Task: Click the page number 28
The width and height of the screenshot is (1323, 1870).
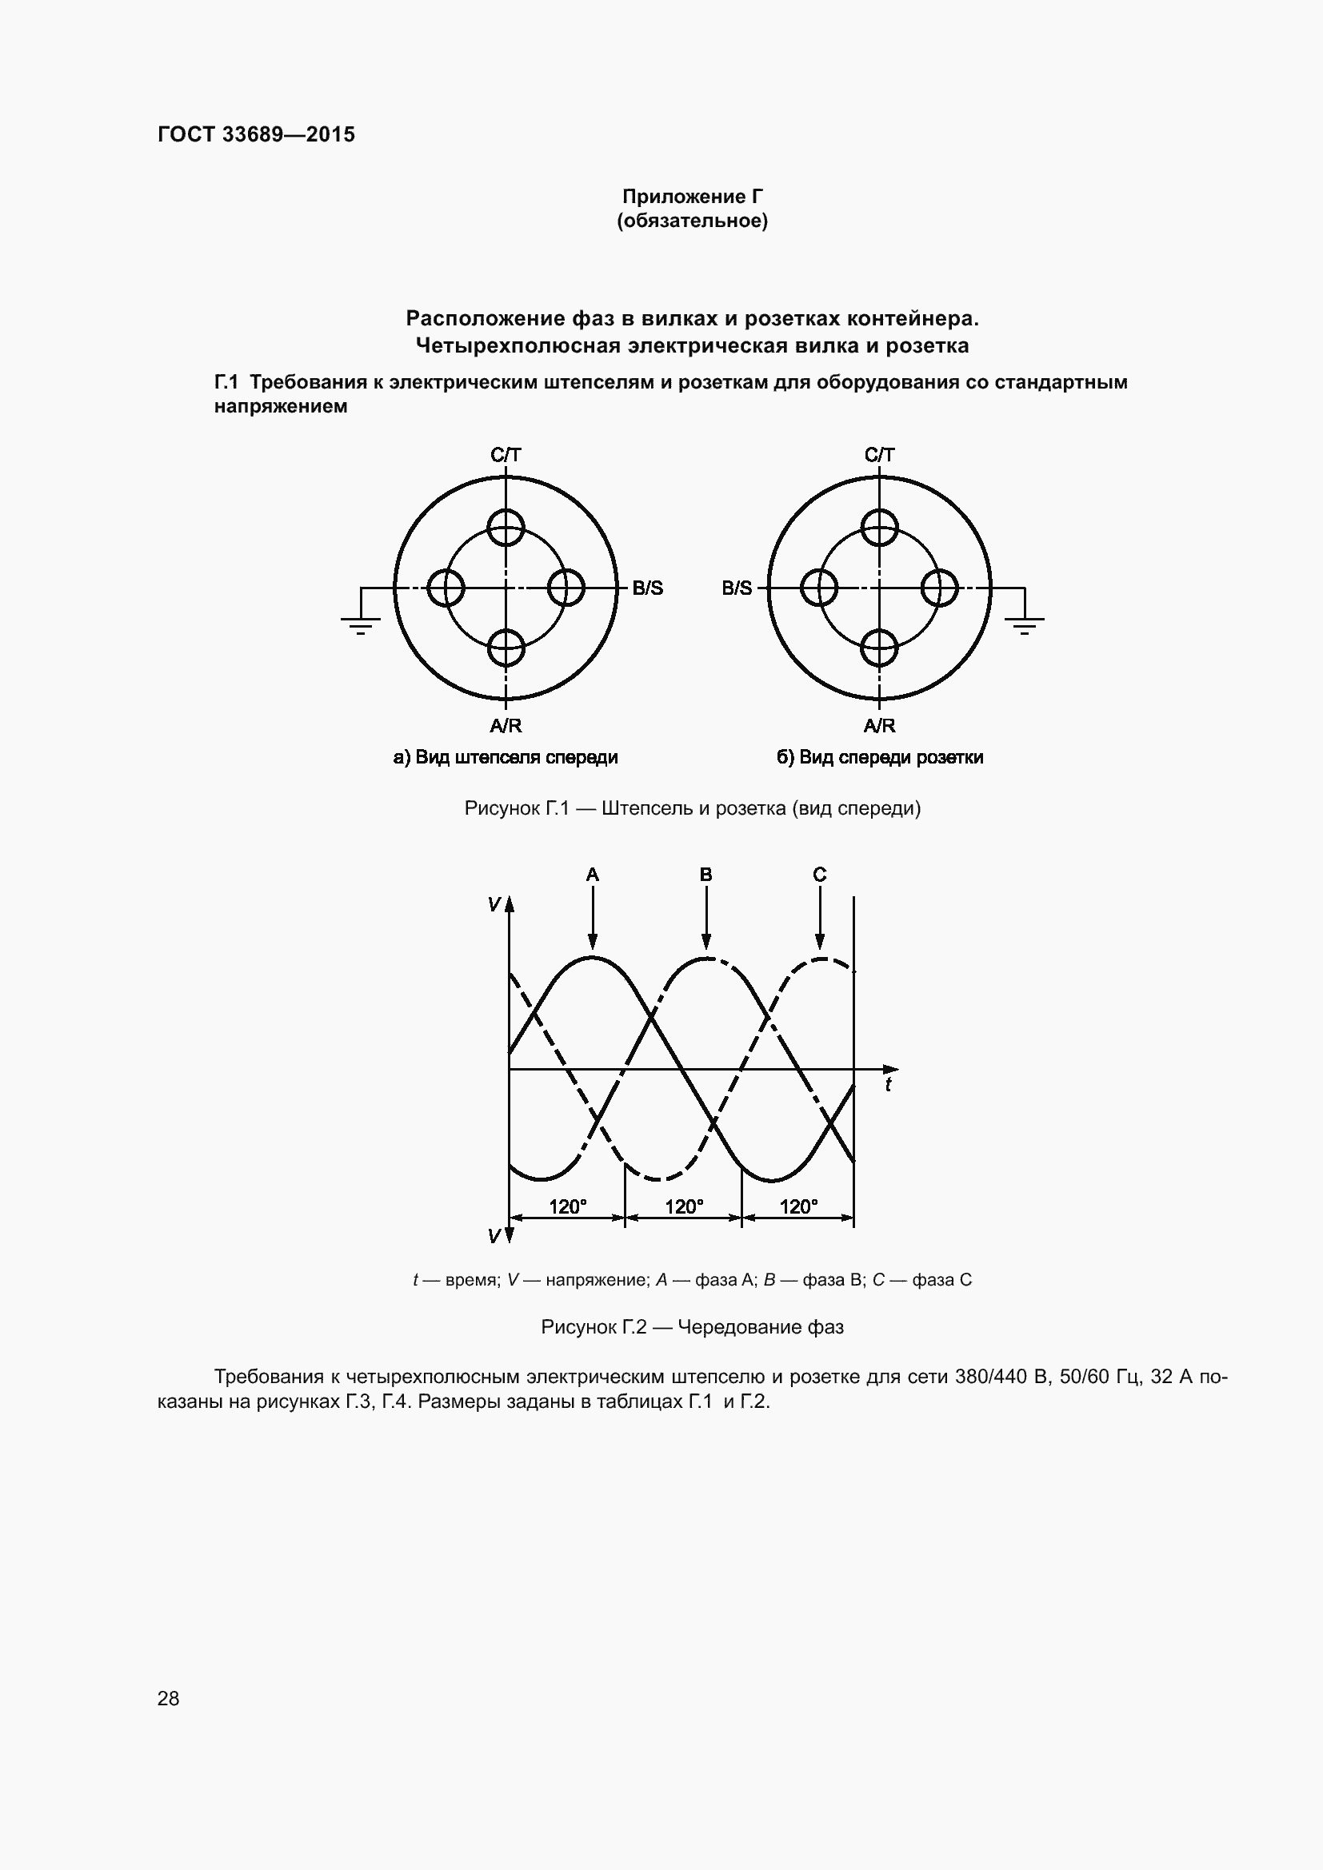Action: pyautogui.click(x=168, y=1698)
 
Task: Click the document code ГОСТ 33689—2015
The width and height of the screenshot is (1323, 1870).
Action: pyautogui.click(x=256, y=134)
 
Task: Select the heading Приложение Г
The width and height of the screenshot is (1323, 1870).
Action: pyautogui.click(x=692, y=197)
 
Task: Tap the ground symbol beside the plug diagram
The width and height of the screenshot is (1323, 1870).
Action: pyautogui.click(x=359, y=624)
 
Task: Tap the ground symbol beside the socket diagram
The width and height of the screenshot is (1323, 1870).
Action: pyautogui.click(x=1024, y=624)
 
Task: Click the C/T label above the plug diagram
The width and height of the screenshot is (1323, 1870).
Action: pyautogui.click(x=505, y=454)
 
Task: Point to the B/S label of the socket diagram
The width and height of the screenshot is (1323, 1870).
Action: pyautogui.click(x=737, y=588)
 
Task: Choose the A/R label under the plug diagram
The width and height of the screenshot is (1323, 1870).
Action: pyautogui.click(x=505, y=726)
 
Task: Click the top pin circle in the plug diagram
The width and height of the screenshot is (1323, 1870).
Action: pyautogui.click(x=506, y=527)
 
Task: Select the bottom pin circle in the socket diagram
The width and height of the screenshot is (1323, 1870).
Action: pyautogui.click(x=879, y=648)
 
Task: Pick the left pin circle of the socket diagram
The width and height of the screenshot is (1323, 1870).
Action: pyautogui.click(x=819, y=588)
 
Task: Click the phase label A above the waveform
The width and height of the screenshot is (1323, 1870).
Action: pyautogui.click(x=592, y=875)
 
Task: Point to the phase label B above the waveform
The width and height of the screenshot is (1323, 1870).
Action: pyautogui.click(x=705, y=875)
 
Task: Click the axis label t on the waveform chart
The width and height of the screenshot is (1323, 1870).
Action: pyautogui.click(x=888, y=1085)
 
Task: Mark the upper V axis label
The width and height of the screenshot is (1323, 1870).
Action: pyautogui.click(x=494, y=904)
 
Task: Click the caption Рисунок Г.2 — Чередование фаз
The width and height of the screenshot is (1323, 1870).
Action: pyautogui.click(x=692, y=1327)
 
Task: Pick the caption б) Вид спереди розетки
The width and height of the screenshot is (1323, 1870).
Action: pyautogui.click(x=879, y=757)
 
